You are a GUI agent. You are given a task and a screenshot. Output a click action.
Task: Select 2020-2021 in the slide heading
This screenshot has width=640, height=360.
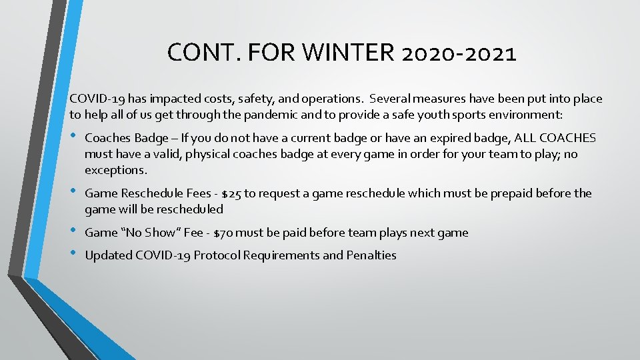tap(459, 53)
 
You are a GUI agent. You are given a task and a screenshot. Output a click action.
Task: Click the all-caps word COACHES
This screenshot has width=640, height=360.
tap(566, 138)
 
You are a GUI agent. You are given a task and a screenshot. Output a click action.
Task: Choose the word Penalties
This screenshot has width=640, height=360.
tap(371, 255)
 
